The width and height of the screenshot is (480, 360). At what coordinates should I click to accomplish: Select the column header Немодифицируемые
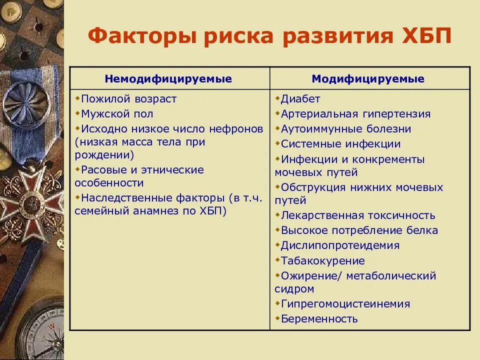tap(168, 79)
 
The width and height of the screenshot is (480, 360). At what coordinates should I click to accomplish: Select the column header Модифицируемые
tap(368, 79)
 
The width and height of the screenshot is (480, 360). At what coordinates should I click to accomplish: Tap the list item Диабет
tap(300, 99)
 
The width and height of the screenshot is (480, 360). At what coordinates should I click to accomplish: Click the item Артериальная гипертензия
tap(355, 114)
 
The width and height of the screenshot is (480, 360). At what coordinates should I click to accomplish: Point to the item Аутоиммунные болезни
tap(345, 129)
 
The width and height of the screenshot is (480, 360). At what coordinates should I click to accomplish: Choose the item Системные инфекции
tap(340, 144)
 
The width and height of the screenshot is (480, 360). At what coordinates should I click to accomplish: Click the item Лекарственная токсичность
tap(357, 215)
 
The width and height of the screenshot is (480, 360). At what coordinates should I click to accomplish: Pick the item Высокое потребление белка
tap(359, 230)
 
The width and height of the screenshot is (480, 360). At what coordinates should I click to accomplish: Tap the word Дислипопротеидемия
tap(340, 245)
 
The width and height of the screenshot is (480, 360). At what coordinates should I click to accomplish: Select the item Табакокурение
tap(322, 260)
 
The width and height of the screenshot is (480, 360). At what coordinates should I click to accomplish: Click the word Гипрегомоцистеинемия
tap(345, 304)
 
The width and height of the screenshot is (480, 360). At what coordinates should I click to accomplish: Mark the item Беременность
tap(319, 319)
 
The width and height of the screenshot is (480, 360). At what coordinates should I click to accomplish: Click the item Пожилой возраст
tap(128, 99)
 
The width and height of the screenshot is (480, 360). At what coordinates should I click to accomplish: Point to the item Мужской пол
tap(117, 114)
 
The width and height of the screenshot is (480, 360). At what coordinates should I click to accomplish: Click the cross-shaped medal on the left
tap(31, 200)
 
